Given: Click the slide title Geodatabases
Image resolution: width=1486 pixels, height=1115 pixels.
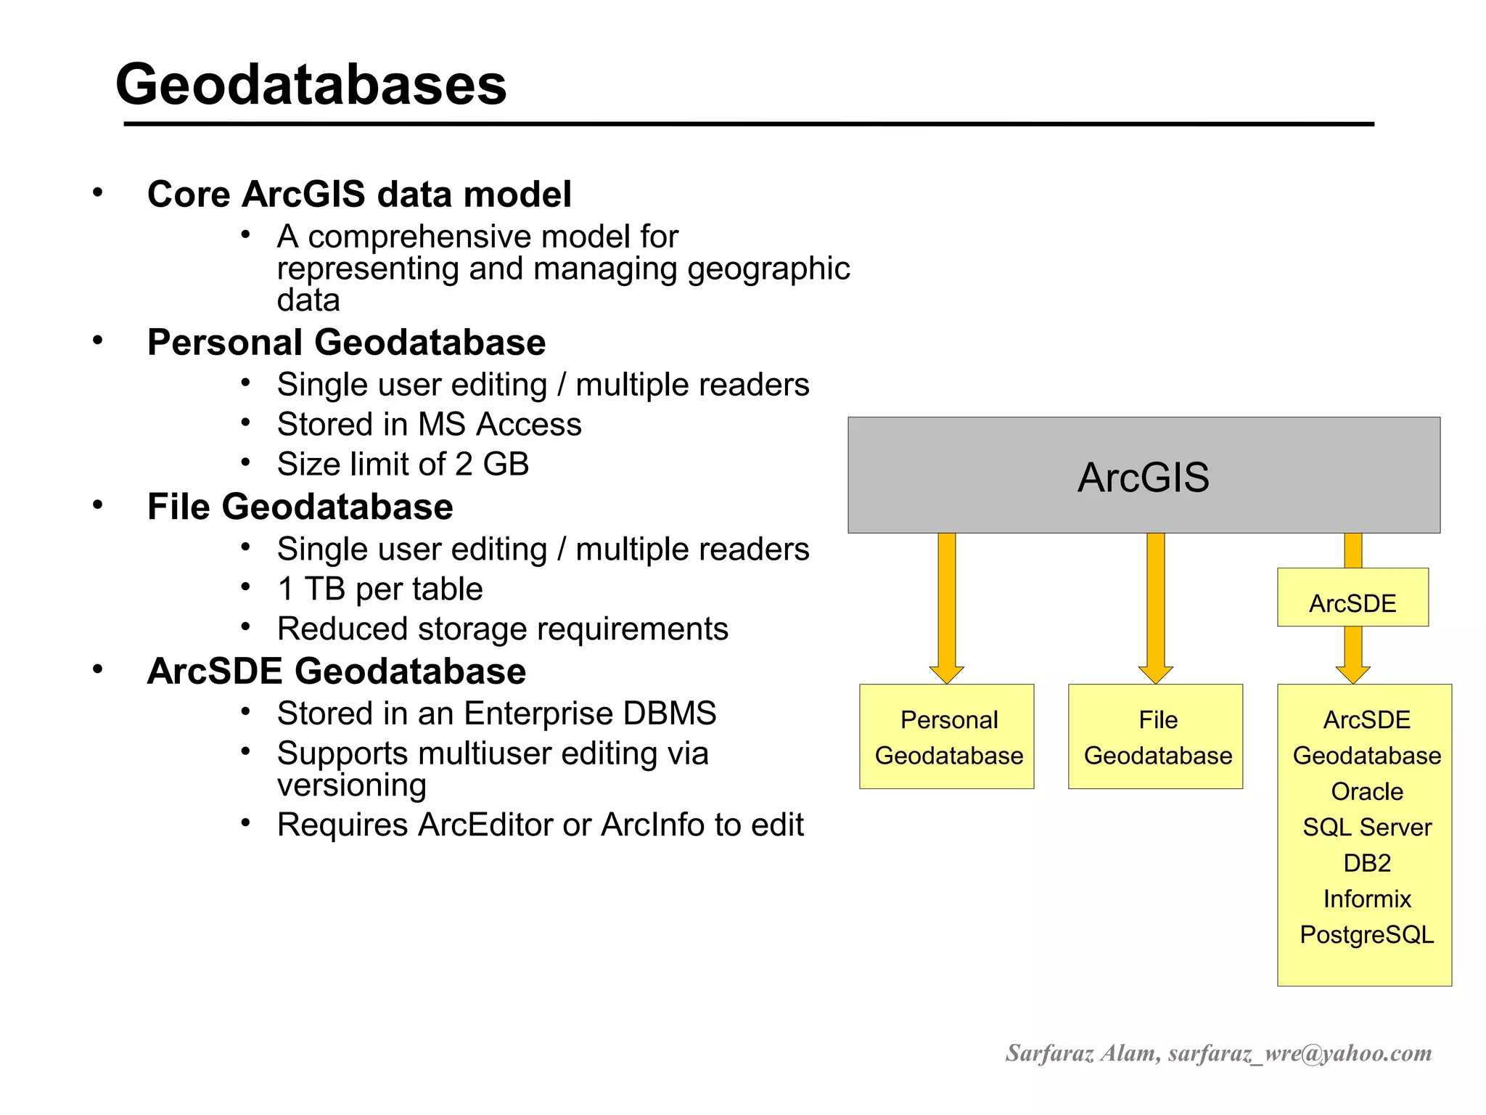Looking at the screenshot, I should pos(311,84).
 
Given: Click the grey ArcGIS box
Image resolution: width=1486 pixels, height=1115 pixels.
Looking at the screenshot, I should pos(1144,475).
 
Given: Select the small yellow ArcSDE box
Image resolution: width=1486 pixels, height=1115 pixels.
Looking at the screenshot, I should pos(1352,597).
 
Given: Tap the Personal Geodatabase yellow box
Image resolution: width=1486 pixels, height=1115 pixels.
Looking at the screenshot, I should pos(947,736).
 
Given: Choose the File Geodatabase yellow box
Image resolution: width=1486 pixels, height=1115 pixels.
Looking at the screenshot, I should pos(1156,736).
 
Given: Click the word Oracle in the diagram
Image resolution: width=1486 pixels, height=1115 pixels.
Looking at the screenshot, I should pos(1367,791).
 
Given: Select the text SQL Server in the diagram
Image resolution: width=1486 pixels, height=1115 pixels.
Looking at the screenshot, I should pos(1367,827).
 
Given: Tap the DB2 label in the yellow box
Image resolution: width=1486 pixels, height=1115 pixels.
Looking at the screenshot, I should pos(1367,863).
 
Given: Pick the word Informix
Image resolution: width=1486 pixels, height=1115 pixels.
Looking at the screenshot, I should pos(1367,899).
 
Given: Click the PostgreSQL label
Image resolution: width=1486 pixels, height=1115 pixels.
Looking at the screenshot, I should pos(1367,934).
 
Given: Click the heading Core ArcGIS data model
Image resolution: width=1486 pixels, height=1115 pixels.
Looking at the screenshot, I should pos(359,195).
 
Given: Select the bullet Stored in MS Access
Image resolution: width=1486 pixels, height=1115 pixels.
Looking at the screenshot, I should pos(429,425).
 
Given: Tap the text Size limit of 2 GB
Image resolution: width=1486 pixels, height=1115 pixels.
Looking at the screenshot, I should pos(403,465).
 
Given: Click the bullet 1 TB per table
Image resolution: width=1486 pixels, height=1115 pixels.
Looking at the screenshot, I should pos(379,589).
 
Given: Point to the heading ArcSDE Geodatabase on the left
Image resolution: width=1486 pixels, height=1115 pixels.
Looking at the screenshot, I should pos(336,671).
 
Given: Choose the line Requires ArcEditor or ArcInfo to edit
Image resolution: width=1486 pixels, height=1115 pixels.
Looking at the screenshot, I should pos(540,825).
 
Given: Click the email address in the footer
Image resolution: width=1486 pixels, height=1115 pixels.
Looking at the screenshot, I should pos(1300,1053).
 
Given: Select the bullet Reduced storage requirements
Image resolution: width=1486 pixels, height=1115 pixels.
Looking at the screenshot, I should pos(502,629).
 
